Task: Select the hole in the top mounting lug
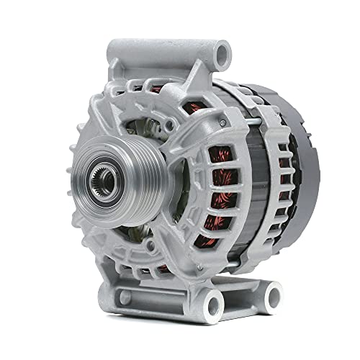(222, 52)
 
